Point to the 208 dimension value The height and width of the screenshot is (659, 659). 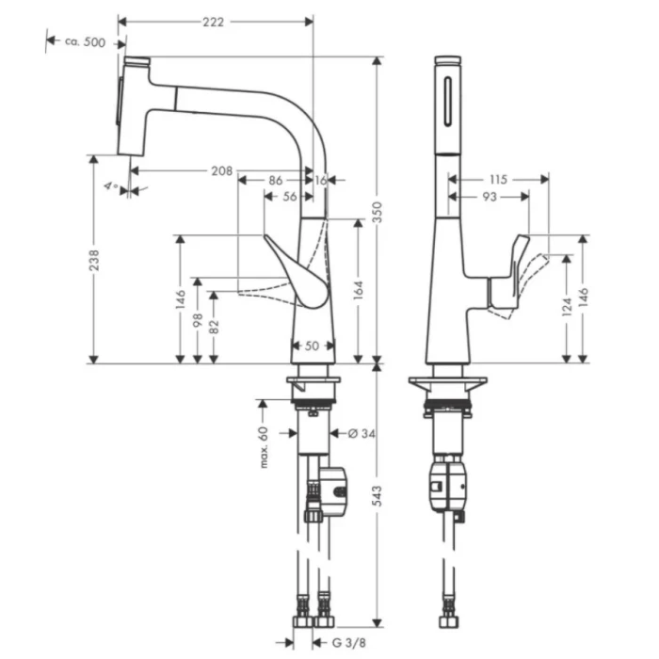pos(221,170)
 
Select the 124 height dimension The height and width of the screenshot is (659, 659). pos(565,308)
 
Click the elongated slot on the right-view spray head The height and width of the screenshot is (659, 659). pos(446,95)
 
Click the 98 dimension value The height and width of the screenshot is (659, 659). pos(197,321)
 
